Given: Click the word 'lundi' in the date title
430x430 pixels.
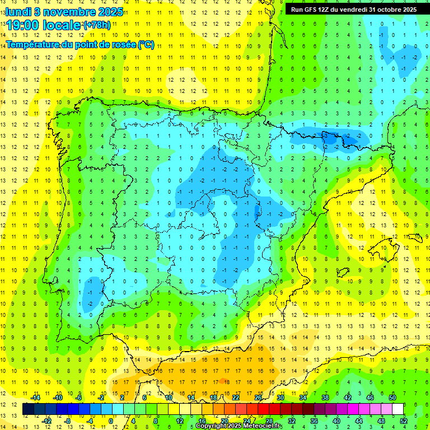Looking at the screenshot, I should coord(18,11).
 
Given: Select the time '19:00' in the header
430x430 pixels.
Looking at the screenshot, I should coord(23,25).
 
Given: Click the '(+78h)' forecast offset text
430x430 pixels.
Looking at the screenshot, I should coord(97,25).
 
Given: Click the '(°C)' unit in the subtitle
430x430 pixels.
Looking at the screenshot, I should coord(146,45).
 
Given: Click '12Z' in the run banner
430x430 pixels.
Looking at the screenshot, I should coord(326,9).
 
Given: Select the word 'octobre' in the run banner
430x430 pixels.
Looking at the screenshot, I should coord(385,9).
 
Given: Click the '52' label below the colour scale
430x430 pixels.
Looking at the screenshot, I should coord(404,421).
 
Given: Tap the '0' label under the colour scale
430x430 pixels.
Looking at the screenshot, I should coord(111,421).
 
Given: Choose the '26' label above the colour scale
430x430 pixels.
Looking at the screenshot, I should coord(258,398).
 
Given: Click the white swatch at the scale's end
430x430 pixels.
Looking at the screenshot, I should coord(398,409).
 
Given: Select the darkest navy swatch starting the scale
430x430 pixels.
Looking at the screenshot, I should coord(28,409).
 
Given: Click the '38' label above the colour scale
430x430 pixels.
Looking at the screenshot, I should coord(325,398).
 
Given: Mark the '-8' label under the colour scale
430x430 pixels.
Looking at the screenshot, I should coord(68,421).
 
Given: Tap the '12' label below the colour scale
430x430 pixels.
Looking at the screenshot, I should coord(179,421).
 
